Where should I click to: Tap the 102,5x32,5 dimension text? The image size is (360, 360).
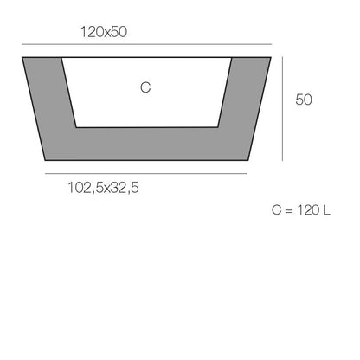point(104,185)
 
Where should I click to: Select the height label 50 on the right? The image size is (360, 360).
point(304,100)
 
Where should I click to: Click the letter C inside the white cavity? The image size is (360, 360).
point(145,88)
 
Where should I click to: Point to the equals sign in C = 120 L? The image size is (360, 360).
point(288,210)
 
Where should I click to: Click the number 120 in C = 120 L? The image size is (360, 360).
point(307,210)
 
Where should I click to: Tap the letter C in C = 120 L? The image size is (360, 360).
point(276,210)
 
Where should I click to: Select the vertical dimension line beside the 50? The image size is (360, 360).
point(283,108)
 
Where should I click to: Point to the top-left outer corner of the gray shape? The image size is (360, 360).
point(22,58)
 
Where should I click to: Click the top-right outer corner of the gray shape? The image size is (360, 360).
point(270,58)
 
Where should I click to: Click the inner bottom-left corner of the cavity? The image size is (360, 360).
point(76,127)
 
